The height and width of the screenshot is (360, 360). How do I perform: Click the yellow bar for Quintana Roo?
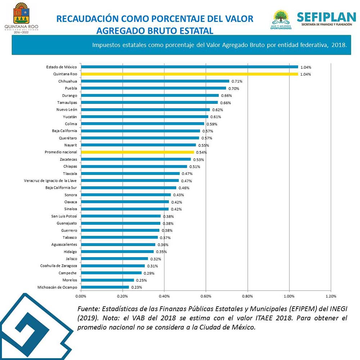coord(189,74)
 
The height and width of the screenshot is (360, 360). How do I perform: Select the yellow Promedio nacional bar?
coord(138,152)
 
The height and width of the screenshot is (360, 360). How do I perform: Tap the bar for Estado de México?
coord(189,67)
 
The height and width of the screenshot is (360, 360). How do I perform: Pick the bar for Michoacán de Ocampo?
coord(105,287)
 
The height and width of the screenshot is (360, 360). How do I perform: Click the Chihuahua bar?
coord(155,81)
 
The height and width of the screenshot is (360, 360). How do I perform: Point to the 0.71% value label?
coord(237,81)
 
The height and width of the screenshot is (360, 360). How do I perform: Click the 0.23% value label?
coord(136,287)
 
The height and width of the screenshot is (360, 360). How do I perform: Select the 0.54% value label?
coord(201,152)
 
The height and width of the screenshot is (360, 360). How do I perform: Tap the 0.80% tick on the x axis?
coord(247,296)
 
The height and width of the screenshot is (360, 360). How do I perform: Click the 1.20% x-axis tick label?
coord(330,296)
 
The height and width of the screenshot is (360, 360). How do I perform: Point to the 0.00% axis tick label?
coord(81,296)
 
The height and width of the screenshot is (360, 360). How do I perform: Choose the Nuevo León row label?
coord(67,109)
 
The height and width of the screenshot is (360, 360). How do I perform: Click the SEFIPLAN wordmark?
coord(326,17)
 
